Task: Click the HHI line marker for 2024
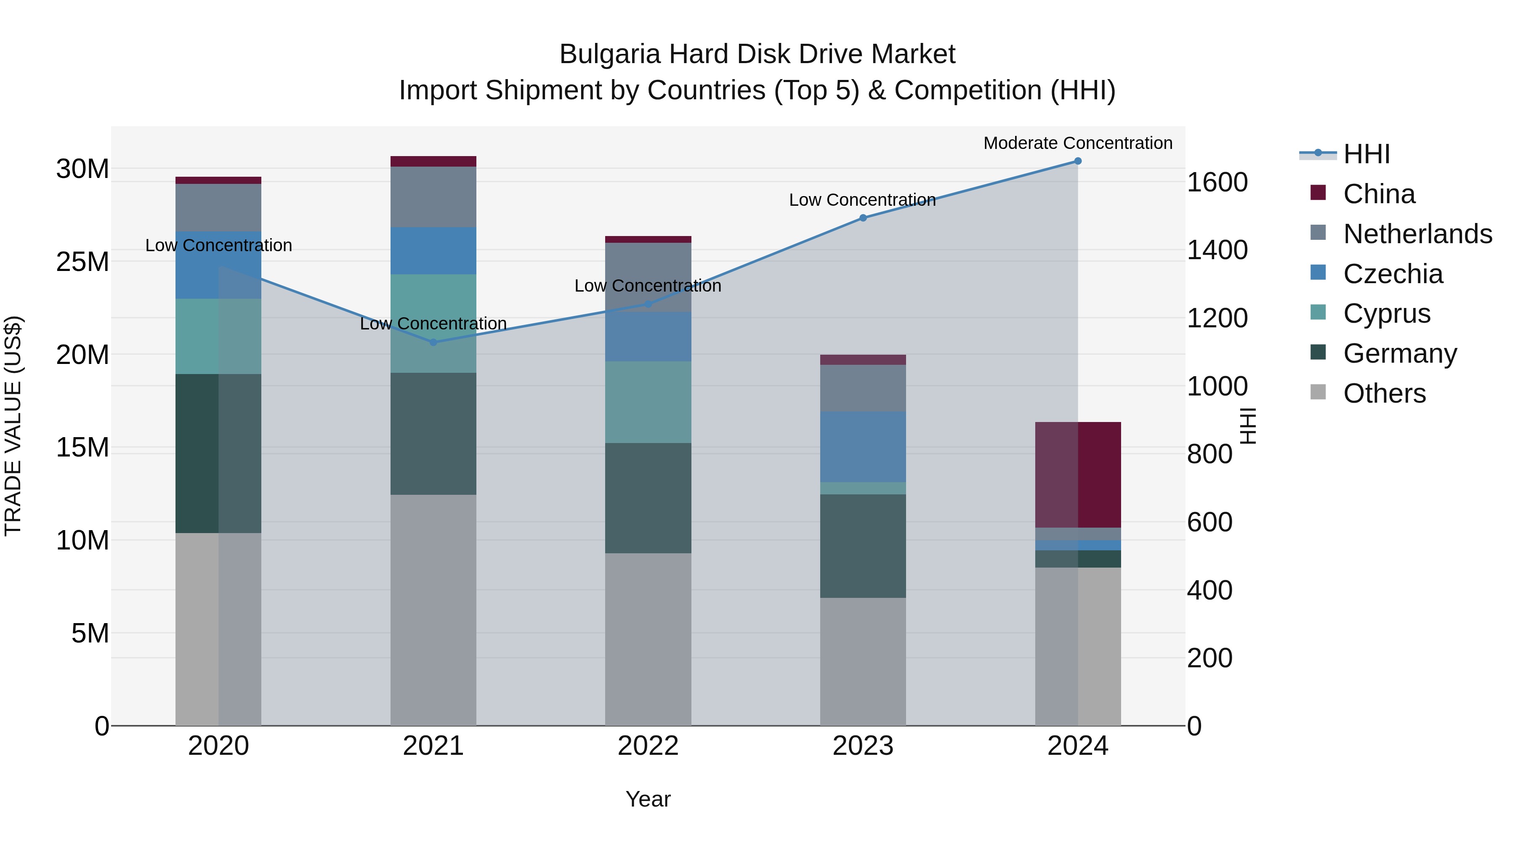[1077, 161]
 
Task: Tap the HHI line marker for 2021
[433, 342]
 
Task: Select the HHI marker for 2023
[863, 218]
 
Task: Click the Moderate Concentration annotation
[1077, 143]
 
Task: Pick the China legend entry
[1379, 194]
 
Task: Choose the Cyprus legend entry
[1386, 313]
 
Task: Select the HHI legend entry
[1366, 154]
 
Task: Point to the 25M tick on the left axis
[82, 262]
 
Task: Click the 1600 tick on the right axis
[1217, 182]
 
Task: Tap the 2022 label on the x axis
[648, 746]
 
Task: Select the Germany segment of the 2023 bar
[863, 546]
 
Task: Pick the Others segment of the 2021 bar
[433, 610]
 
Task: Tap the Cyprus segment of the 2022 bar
[648, 402]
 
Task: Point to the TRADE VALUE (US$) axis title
[13, 426]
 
